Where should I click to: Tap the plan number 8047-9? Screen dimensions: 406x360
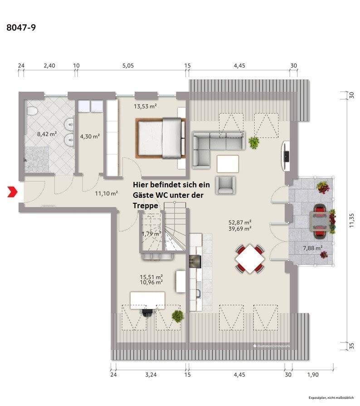tap(21, 28)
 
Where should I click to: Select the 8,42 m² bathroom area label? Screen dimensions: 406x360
tap(47, 134)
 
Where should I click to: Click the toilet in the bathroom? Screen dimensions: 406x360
tap(32, 112)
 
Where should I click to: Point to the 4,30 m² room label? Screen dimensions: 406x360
tap(90, 136)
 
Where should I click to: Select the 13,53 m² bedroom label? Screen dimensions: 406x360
tap(145, 107)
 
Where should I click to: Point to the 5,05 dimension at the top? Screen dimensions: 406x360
tap(128, 66)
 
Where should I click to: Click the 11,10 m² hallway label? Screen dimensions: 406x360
tap(107, 193)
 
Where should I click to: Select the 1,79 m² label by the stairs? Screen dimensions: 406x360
tap(151, 234)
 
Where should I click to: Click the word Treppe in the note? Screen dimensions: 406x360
tap(145, 205)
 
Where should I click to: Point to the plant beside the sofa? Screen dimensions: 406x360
tap(253, 143)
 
